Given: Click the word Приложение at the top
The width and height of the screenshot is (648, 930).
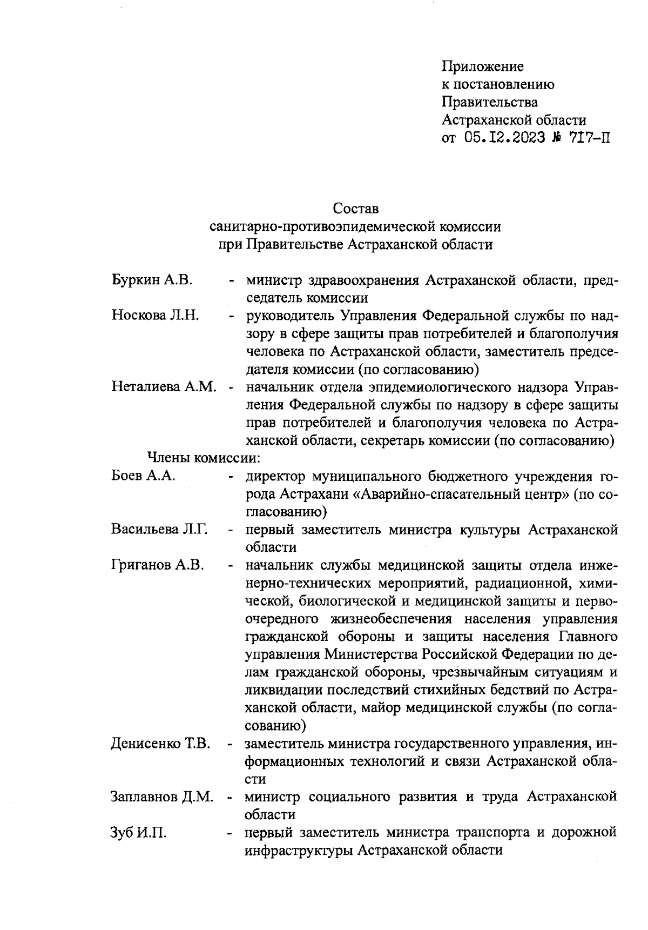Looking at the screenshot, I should coord(483,67).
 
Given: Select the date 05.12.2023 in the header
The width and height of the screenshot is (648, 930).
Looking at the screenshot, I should coord(502,137).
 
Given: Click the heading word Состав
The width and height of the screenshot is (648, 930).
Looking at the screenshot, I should coord(355,208).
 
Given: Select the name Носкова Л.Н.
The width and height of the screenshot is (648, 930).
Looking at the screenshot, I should coord(156,315).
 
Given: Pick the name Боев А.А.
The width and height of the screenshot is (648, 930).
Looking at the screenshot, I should coord(143,476).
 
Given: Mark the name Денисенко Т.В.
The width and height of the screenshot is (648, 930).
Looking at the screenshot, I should coord(160,744).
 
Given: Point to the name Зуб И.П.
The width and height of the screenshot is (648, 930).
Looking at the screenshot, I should coord(138,833).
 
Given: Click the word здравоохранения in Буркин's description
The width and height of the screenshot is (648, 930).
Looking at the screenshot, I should coord(363,280).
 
